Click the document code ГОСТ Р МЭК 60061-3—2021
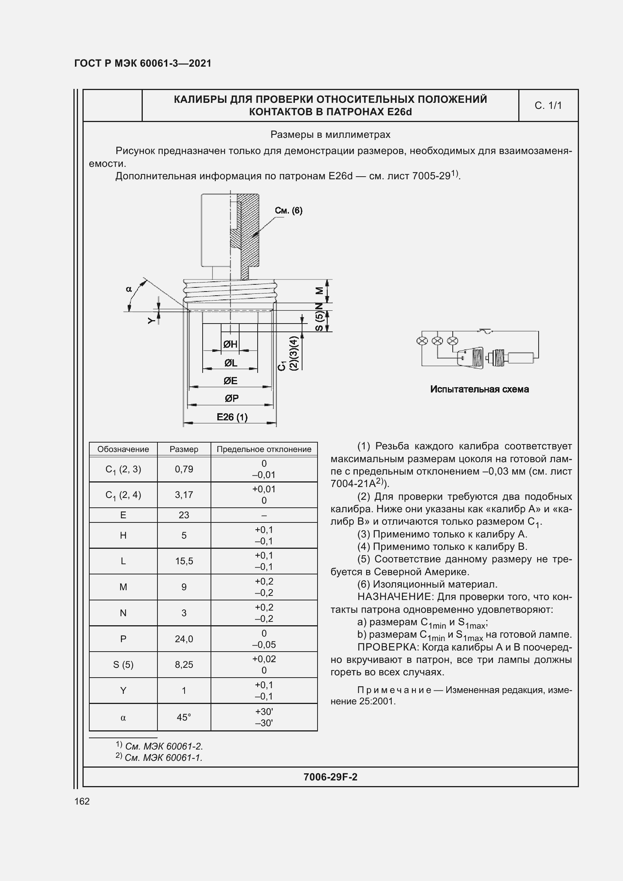point(143,63)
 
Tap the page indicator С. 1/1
point(548,105)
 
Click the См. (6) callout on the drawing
point(289,210)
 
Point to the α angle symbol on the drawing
point(129,289)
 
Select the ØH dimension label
point(230,344)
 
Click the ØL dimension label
point(231,363)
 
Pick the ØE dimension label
point(231,381)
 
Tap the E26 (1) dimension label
point(232,417)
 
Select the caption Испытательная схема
point(479,389)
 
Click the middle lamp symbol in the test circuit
point(437,341)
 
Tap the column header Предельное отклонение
point(264,449)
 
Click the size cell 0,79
point(184,469)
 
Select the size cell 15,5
point(184,561)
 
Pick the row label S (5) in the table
point(123,664)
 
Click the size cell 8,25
point(184,664)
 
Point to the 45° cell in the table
point(184,717)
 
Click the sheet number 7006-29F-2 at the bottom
point(330,777)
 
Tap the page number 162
point(82,801)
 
